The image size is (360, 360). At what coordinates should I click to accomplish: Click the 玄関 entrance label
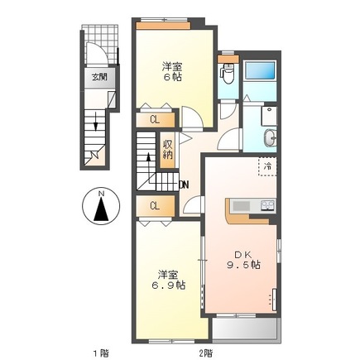(99, 78)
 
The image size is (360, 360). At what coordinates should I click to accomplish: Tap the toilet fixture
(228, 74)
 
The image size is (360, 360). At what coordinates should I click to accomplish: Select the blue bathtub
(260, 70)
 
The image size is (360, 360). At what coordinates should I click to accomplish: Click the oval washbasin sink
(270, 137)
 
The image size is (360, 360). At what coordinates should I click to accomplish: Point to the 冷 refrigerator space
(267, 166)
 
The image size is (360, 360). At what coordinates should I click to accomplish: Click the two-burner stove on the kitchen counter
(267, 205)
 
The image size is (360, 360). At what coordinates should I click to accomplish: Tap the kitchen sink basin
(242, 206)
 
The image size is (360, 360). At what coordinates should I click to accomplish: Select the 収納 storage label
(167, 150)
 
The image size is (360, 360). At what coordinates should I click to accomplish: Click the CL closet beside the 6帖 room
(156, 120)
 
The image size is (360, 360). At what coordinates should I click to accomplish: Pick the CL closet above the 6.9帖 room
(156, 206)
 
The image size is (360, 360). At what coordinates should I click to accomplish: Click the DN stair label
(184, 185)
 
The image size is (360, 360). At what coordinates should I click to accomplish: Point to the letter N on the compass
(102, 194)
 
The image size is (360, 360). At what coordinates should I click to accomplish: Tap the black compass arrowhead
(101, 209)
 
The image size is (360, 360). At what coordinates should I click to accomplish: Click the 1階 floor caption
(100, 353)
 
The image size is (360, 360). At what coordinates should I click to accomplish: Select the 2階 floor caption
(205, 353)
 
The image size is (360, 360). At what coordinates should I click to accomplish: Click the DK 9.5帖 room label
(243, 260)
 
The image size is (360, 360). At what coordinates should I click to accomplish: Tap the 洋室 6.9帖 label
(168, 280)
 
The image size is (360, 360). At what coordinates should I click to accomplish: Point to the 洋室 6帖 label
(172, 72)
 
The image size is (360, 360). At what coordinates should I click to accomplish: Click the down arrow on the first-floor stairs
(96, 121)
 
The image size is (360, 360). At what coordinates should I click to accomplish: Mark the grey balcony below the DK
(245, 329)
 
